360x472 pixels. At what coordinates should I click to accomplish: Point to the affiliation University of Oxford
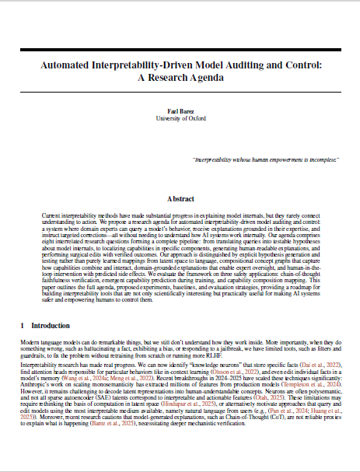(180, 119)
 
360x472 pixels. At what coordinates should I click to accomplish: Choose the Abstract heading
(180, 199)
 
